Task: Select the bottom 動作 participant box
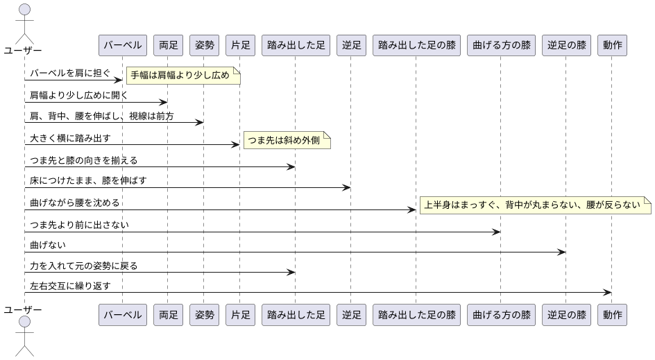tap(612, 315)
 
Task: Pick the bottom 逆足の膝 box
tap(565, 315)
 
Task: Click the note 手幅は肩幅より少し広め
tap(182, 75)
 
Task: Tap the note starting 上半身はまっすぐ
tap(535, 205)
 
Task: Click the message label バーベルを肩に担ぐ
tap(70, 73)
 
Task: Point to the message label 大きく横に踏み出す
tap(70, 138)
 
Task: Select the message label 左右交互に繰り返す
tap(70, 286)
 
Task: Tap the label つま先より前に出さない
tap(79, 225)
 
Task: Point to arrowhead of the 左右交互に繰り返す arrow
tap(608, 292)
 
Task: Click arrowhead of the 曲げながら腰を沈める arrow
tap(412, 209)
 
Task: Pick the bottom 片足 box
tap(240, 315)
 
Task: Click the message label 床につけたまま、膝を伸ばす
tap(88, 180)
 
